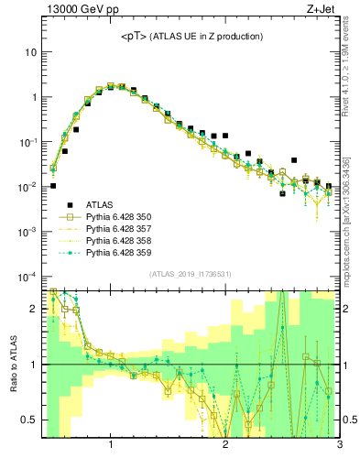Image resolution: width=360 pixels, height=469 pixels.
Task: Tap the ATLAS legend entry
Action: coord(101,204)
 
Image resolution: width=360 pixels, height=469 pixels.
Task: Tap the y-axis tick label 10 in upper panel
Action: coord(30,52)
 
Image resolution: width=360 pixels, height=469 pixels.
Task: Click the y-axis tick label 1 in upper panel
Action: coord(33,97)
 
